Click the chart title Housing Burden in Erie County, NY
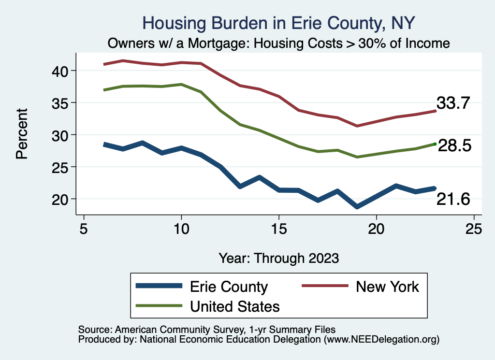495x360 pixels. point(279,23)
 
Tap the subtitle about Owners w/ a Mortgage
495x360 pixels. point(279,43)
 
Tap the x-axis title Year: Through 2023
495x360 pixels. point(278,258)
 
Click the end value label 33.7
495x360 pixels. point(453,103)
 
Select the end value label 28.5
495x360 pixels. point(454,145)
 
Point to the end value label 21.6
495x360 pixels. point(453,199)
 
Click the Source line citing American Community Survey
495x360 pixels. point(206,329)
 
